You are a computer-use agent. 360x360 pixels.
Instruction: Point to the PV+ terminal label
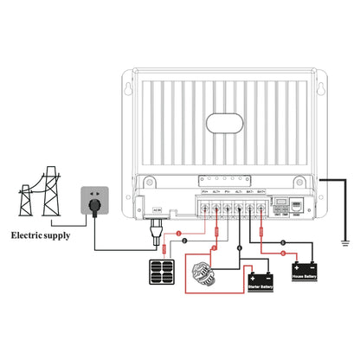tap(205, 191)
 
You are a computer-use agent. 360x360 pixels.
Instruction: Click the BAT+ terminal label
tap(261, 191)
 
